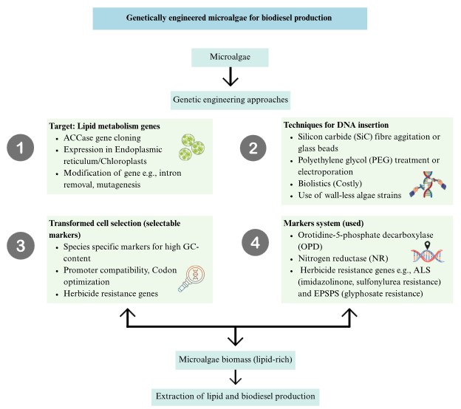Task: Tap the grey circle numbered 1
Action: tap(21, 150)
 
